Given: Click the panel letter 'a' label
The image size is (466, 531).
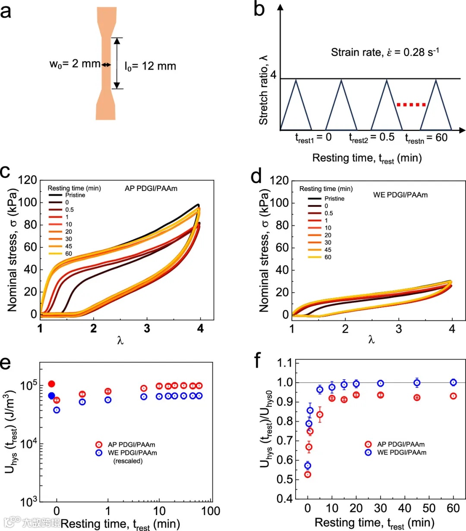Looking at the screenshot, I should click(6, 12).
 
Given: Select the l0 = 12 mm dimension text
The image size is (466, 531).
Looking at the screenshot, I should click(150, 66).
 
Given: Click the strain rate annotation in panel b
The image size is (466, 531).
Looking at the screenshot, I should click(385, 53).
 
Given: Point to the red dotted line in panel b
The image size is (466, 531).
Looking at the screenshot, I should click(411, 104).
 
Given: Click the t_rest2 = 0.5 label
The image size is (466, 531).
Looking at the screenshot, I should click(372, 137).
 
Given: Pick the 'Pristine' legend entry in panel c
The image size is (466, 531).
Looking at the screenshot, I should click(75, 195).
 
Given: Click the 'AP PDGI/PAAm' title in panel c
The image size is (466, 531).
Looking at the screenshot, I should click(148, 188).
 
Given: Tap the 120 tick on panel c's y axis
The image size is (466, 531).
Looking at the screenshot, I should click(28, 180).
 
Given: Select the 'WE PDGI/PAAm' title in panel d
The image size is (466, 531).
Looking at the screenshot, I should click(400, 195).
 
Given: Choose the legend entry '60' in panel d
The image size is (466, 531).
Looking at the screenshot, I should click(328, 257).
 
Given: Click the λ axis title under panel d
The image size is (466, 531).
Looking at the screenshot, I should click(372, 340).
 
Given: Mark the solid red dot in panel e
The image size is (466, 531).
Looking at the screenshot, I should click(52, 384).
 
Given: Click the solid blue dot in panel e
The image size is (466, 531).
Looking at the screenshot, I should click(52, 396).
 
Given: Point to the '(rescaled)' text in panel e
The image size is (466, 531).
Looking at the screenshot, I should click(128, 461).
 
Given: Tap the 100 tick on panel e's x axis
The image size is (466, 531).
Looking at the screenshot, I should click(211, 511).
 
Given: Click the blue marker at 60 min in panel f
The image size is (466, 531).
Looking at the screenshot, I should click(453, 382).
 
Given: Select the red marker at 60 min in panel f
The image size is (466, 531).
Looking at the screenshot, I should click(453, 396).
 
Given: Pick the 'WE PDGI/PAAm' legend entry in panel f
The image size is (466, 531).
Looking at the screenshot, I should click(401, 453).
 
